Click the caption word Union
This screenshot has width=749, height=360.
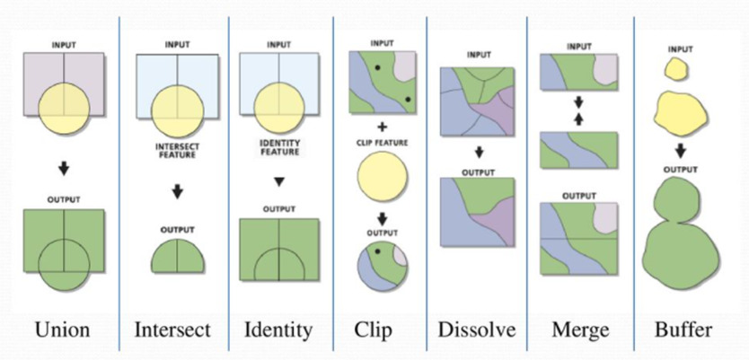[62, 329]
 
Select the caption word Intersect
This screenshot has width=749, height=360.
[172, 329]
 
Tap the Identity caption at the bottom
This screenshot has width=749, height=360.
[278, 329]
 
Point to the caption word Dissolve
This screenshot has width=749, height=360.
[477, 329]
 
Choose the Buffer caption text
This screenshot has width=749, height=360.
[684, 329]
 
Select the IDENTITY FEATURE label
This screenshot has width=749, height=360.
[279, 146]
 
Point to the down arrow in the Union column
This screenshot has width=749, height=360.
[62, 169]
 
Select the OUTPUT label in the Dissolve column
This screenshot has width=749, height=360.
[479, 168]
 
